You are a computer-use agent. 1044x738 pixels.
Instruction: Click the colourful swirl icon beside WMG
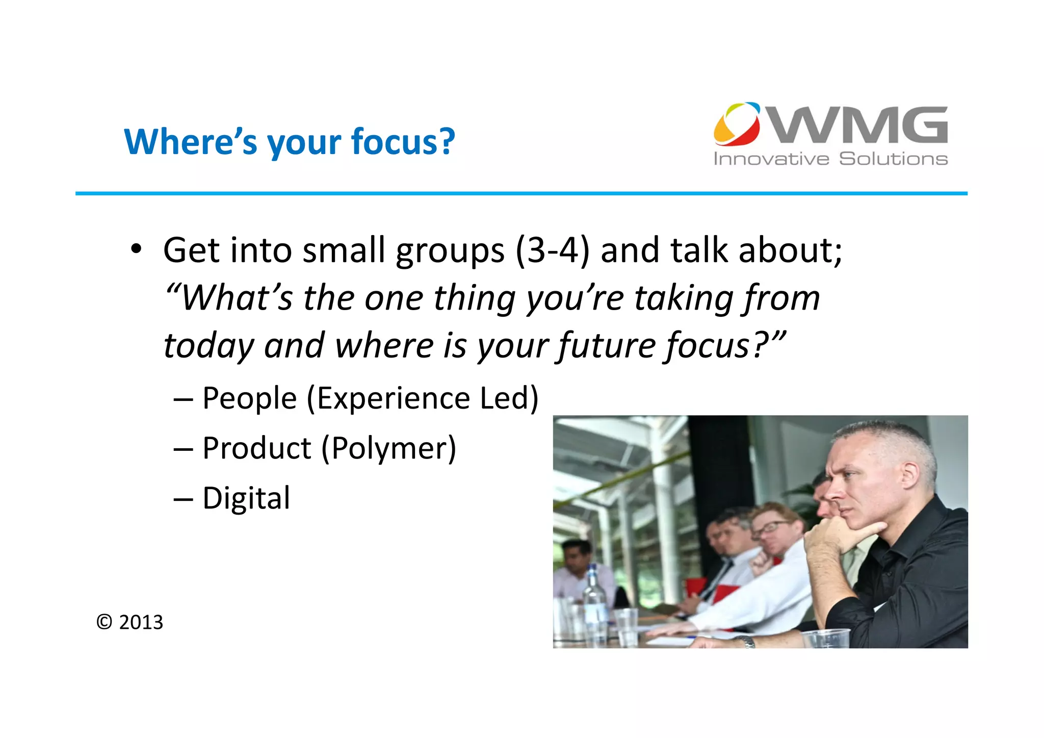(737, 124)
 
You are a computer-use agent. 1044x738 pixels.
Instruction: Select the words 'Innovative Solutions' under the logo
(830, 159)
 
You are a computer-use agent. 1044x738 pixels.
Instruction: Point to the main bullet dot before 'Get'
(136, 249)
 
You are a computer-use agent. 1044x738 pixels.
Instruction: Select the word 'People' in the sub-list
(249, 398)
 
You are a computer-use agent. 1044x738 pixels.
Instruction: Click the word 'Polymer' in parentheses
(388, 448)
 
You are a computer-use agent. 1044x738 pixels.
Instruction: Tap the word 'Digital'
(246, 498)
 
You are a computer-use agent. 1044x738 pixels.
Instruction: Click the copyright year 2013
(141, 622)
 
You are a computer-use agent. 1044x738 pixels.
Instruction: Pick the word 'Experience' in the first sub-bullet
(393, 398)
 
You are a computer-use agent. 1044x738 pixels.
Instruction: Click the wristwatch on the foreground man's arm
(747, 641)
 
